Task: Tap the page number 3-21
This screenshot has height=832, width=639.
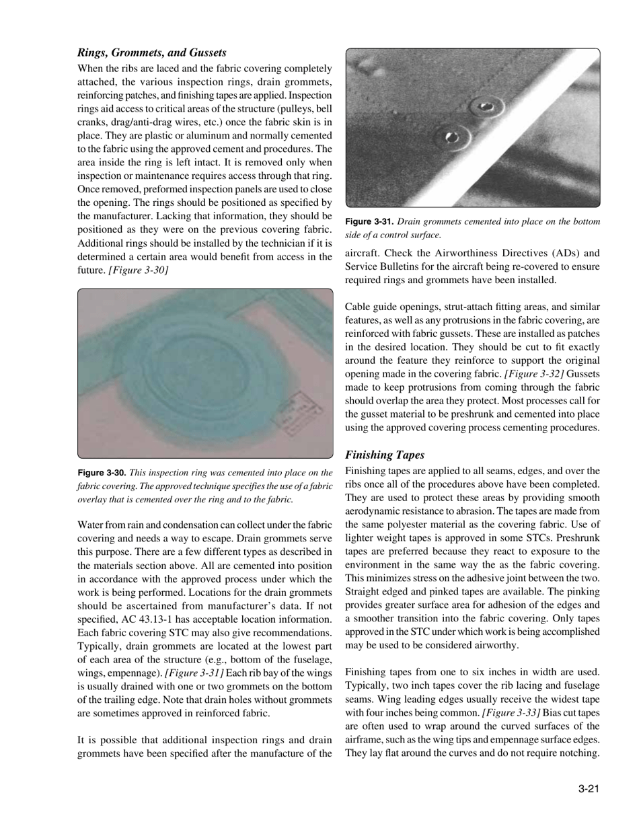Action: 587,790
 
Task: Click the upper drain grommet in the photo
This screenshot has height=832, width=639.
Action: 484,106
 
